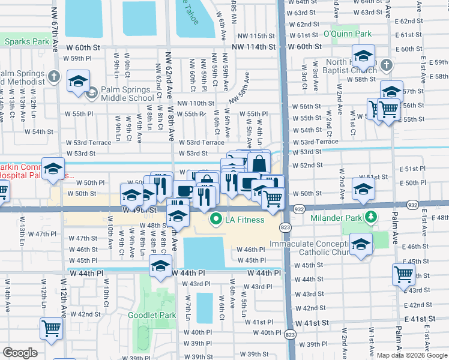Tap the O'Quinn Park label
346,34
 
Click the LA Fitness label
244,220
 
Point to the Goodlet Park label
152,315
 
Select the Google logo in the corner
20,353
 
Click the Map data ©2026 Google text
411,355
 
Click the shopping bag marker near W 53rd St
259,163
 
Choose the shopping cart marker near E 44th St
403,274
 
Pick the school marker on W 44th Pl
160,266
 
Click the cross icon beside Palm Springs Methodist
54,76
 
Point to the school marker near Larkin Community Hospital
53,169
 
